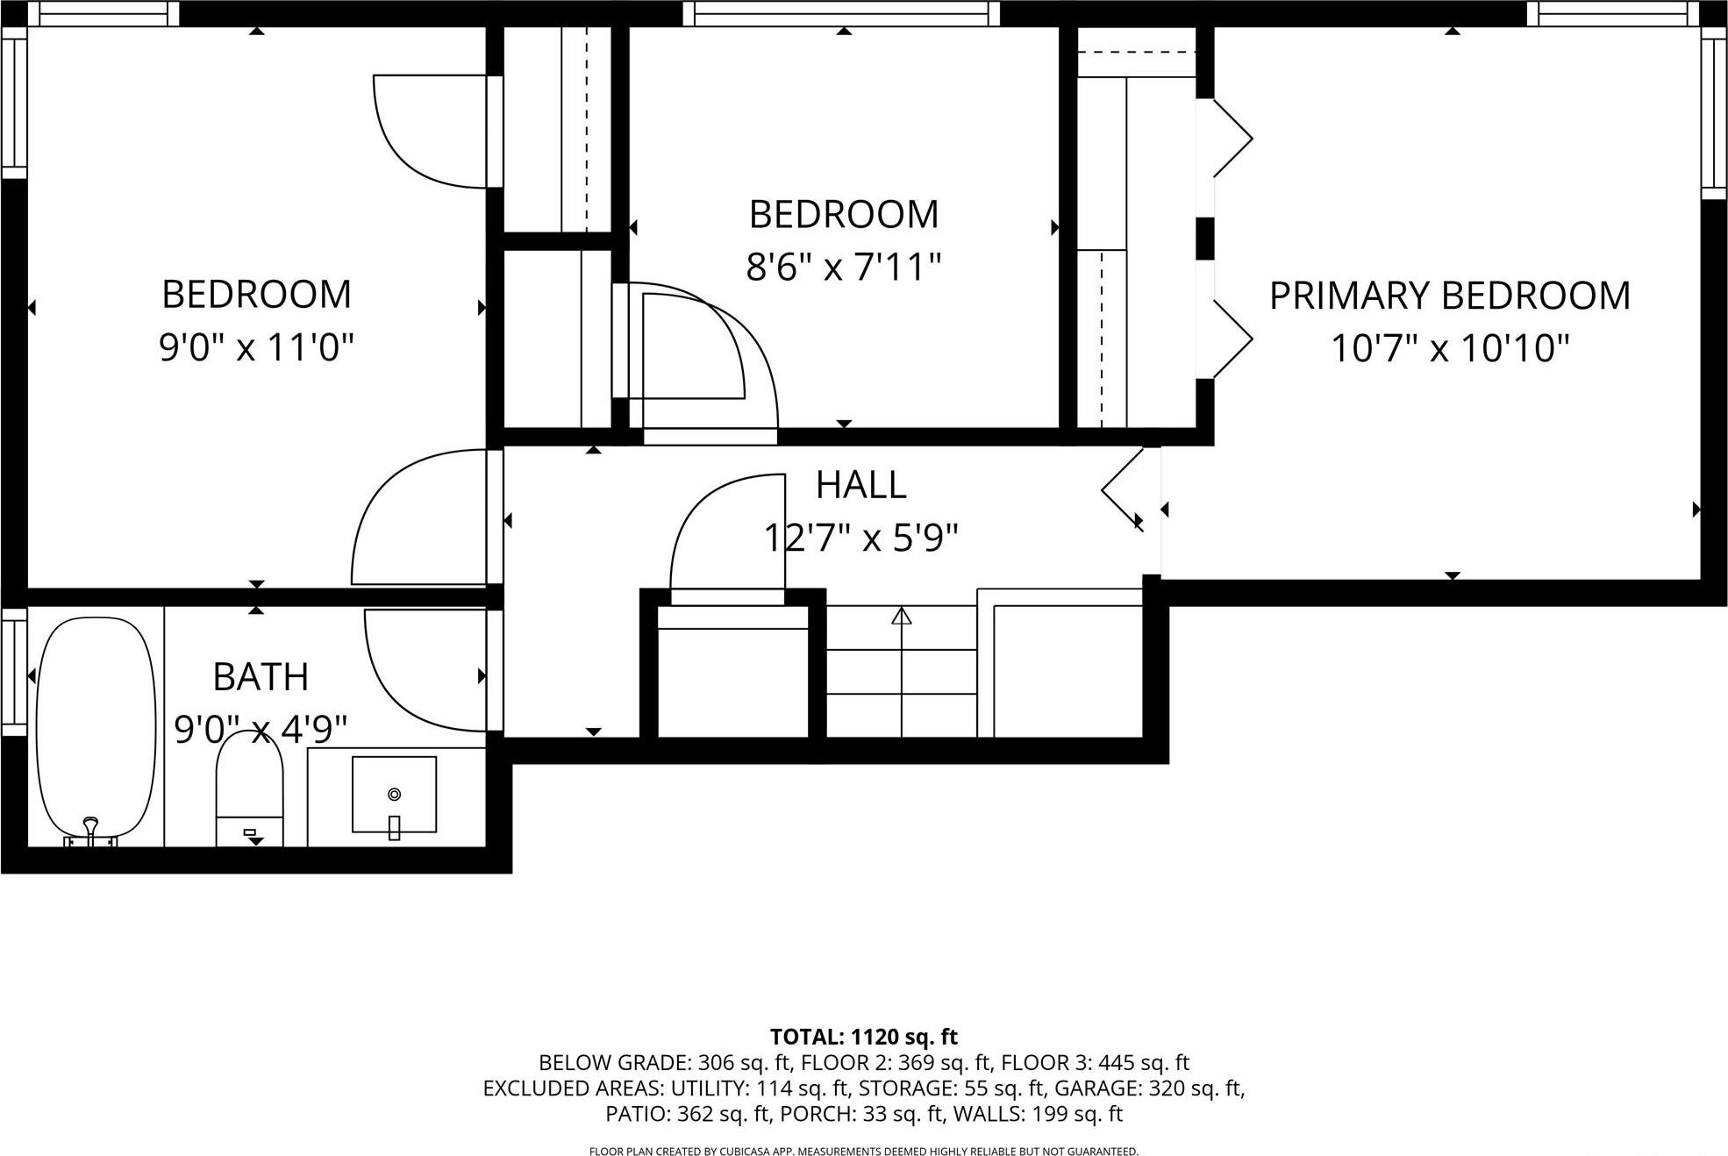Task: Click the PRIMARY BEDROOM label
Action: [x=1449, y=296]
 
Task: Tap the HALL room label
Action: [x=860, y=485]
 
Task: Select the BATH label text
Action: [x=261, y=677]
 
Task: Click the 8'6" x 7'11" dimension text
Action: [x=843, y=267]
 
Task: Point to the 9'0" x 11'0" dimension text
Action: [x=256, y=347]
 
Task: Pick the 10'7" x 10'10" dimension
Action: [x=1449, y=348]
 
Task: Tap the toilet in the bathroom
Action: [x=250, y=789]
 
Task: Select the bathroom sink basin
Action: [x=394, y=794]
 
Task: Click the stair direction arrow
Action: [x=902, y=617]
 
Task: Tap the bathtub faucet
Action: [x=89, y=829]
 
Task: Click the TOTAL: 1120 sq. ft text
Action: [x=863, y=1037]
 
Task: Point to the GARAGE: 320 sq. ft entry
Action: [x=1149, y=1088]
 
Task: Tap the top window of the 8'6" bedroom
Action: [x=841, y=12]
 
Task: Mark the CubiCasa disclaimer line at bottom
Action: [x=863, y=1151]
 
